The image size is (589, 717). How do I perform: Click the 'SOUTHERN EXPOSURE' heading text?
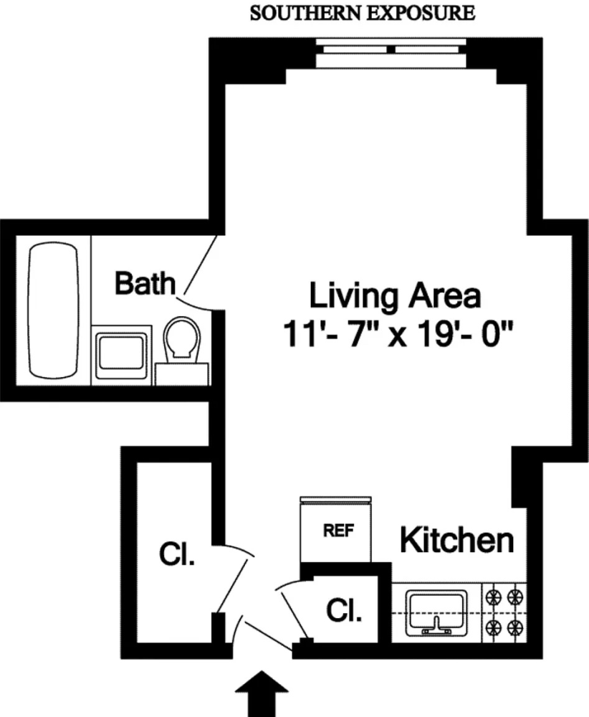(361, 13)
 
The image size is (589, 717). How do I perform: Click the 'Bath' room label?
(145, 284)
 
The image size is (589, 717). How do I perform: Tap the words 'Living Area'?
(394, 295)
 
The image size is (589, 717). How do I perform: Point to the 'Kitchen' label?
(456, 541)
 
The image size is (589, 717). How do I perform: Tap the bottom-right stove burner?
(514, 628)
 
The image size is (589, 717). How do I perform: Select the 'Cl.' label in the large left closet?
(176, 556)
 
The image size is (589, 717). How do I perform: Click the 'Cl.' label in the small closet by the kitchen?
(344, 611)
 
